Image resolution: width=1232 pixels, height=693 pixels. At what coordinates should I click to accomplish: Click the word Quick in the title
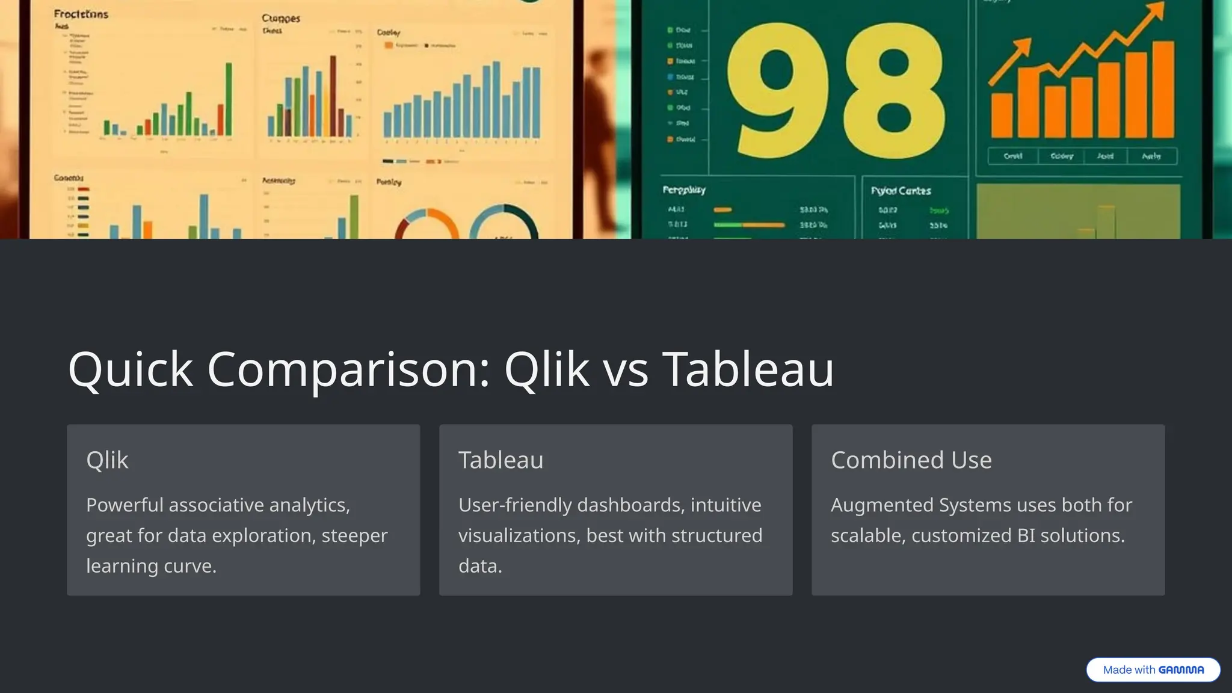131,369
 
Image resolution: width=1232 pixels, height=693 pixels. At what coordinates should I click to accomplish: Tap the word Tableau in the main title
748,369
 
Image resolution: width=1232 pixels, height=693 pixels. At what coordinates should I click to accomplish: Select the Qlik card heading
107,460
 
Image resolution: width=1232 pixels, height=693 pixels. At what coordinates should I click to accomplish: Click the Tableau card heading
500,460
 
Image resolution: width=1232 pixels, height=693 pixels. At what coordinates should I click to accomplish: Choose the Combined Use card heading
911,460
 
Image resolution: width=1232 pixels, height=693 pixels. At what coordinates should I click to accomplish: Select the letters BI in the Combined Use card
1026,536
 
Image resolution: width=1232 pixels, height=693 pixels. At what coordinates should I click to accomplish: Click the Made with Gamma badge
1153,670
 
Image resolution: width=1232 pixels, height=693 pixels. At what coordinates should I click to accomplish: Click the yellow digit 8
893,90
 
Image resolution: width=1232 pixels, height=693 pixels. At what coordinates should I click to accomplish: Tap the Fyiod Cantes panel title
901,191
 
